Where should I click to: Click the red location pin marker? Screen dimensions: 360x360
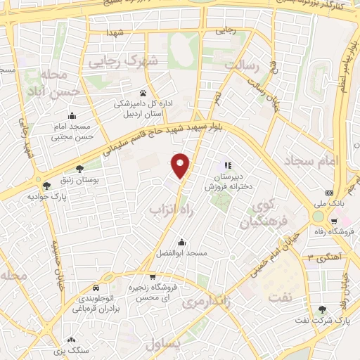[181, 165]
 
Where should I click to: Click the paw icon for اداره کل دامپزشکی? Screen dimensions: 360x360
[143, 92]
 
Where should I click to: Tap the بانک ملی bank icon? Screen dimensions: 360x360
[328, 193]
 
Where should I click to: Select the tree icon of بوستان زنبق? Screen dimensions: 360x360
[79, 169]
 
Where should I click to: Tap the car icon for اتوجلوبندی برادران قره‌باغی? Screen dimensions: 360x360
[95, 288]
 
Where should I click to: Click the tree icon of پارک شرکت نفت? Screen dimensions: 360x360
[323, 309]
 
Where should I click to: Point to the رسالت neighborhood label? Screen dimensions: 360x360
[243, 66]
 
